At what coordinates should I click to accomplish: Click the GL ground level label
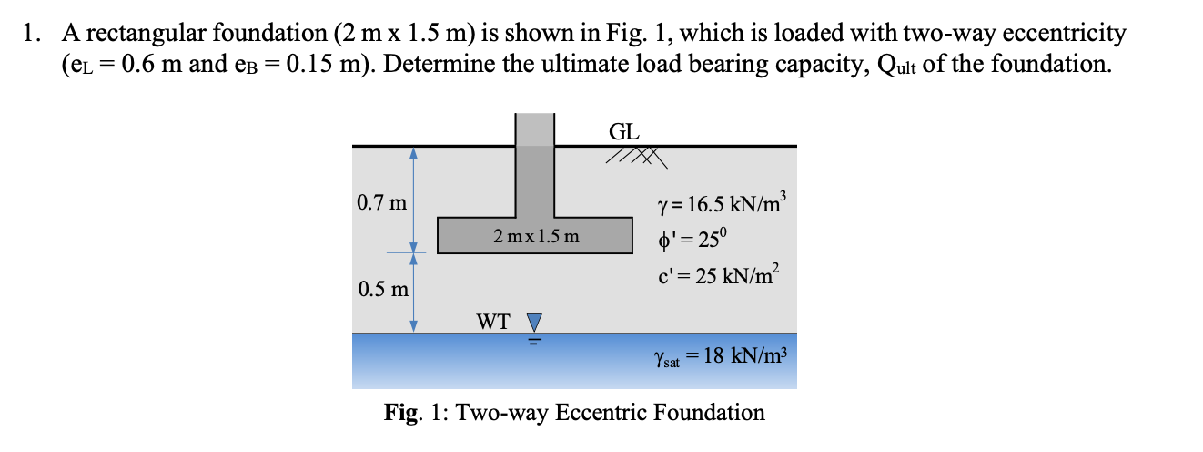click(x=623, y=131)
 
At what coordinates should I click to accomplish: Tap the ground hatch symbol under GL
click(x=640, y=159)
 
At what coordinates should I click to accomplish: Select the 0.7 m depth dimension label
click(x=382, y=202)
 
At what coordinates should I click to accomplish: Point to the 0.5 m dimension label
click(x=382, y=290)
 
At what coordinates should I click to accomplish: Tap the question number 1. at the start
click(x=33, y=35)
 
